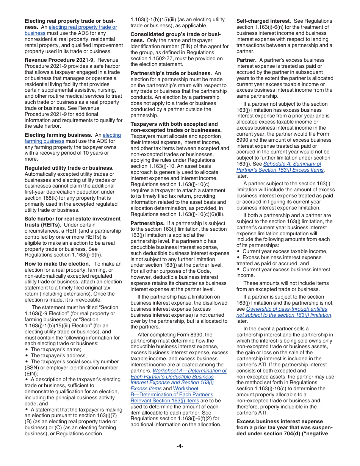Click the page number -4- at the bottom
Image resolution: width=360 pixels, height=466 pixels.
tap(180, 446)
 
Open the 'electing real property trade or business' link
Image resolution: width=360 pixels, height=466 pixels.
tap(83, 27)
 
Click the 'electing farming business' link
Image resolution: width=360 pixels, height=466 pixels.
tap(111, 135)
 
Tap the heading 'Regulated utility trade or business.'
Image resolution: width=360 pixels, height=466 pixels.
tap(69, 168)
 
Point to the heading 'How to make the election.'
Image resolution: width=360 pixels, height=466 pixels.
tap(57, 264)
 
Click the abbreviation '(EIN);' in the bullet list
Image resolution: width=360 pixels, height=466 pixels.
tap(33, 374)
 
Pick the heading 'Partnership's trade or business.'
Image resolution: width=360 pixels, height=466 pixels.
tap(171, 73)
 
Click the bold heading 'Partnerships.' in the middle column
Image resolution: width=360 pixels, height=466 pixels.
tap(147, 223)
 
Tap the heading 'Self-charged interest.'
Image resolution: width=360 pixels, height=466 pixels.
tap(263, 21)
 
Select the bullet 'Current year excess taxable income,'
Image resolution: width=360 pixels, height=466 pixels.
tap(285, 252)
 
